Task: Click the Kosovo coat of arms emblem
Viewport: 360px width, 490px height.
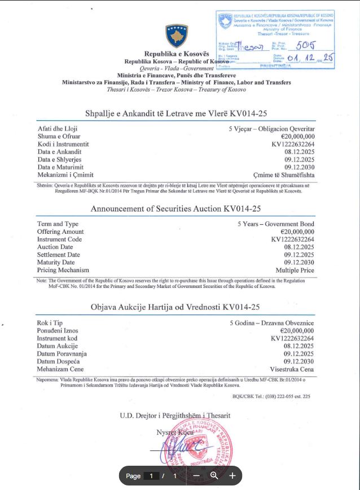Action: coord(176,36)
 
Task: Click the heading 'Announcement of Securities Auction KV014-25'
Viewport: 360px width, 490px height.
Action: coord(175,209)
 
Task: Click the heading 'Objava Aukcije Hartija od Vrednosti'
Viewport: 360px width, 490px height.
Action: coord(175,307)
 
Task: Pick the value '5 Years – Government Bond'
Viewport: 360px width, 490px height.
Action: coord(276,224)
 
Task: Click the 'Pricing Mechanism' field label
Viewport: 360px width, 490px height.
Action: coord(63,270)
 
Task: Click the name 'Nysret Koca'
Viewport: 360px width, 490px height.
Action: coord(175,432)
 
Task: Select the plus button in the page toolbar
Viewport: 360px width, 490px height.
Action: coord(232,475)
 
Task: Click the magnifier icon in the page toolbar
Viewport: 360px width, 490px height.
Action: coord(214,475)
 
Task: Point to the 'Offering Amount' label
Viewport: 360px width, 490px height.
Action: coord(60,231)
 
